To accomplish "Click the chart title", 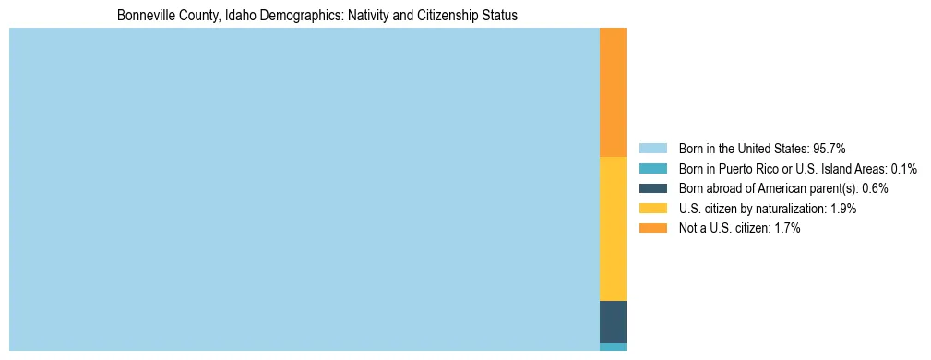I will click(317, 16).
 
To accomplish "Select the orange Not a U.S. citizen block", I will click(613, 92).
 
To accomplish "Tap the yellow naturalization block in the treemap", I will click(613, 229).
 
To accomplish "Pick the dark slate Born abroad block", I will click(613, 322).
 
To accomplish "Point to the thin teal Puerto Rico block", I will click(613, 347).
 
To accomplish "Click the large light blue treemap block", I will click(304, 189).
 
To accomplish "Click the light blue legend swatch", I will click(652, 149).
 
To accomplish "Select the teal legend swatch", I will click(652, 169).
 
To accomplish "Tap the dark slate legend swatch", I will click(652, 188).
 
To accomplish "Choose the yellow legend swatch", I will click(652, 209).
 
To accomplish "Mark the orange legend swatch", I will click(652, 229).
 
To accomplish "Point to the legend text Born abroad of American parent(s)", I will click(769, 188).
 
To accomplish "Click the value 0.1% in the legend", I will click(903, 169).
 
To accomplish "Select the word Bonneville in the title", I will click(144, 16).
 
